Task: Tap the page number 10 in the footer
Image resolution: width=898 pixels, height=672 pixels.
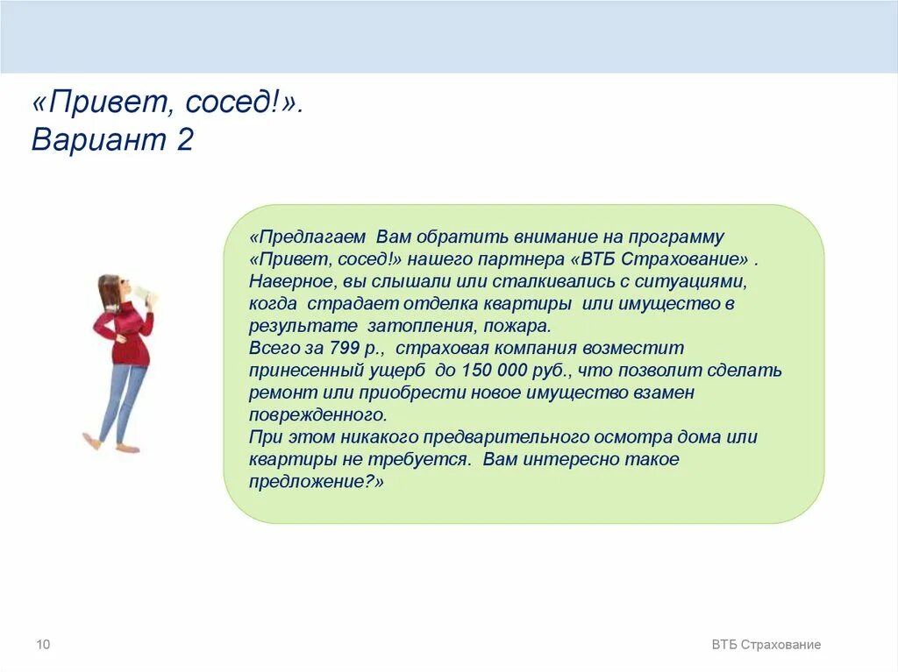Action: [x=43, y=645]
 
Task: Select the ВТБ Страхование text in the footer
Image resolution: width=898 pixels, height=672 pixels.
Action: [x=766, y=645]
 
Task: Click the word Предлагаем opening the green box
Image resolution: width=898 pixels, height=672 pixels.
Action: [x=308, y=237]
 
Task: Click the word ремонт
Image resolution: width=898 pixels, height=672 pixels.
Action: [x=278, y=393]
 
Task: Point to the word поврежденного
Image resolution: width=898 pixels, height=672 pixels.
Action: [x=317, y=414]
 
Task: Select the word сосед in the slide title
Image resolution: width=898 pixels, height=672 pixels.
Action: [x=232, y=104]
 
